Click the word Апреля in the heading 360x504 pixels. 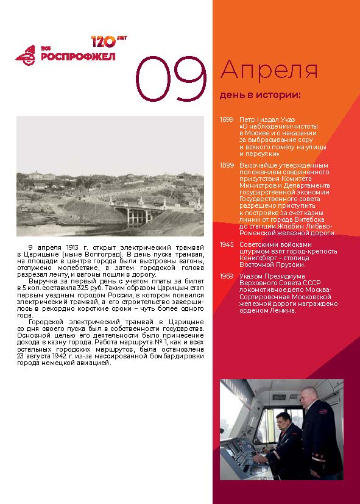coord(269,70)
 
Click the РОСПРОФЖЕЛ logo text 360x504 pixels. coord(77,57)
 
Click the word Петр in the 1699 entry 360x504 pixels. coord(248,119)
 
